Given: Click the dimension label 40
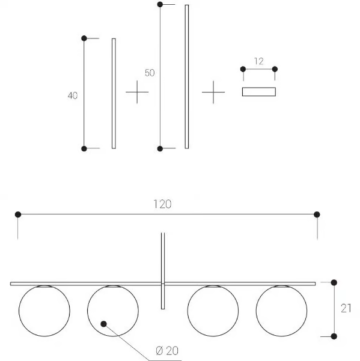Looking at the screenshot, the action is [73, 96].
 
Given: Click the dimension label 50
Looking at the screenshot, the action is [150, 73].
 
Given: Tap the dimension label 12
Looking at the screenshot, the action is [259, 61].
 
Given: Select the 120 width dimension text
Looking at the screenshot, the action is [162, 204].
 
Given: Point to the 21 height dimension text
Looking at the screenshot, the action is [346, 309].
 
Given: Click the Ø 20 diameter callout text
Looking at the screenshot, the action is [167, 351].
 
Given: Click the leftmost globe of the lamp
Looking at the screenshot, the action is [44, 311].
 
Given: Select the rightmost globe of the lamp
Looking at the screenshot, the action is [281, 311].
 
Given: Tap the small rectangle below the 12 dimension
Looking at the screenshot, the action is [259, 92].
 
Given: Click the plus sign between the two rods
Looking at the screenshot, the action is [137, 92].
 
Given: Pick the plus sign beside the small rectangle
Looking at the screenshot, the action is [213, 92].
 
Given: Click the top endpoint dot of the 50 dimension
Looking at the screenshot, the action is [160, 4].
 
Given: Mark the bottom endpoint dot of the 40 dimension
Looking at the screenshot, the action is [84, 149].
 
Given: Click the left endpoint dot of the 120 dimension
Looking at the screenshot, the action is [18, 214].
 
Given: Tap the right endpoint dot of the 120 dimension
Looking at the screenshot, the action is [317, 214].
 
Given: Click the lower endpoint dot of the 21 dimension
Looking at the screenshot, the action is [334, 336].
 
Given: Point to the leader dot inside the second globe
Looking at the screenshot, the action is [103, 324].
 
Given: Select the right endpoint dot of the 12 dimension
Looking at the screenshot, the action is [275, 69].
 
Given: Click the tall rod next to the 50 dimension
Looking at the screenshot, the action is [187, 77].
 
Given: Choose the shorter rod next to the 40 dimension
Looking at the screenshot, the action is [114, 94].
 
